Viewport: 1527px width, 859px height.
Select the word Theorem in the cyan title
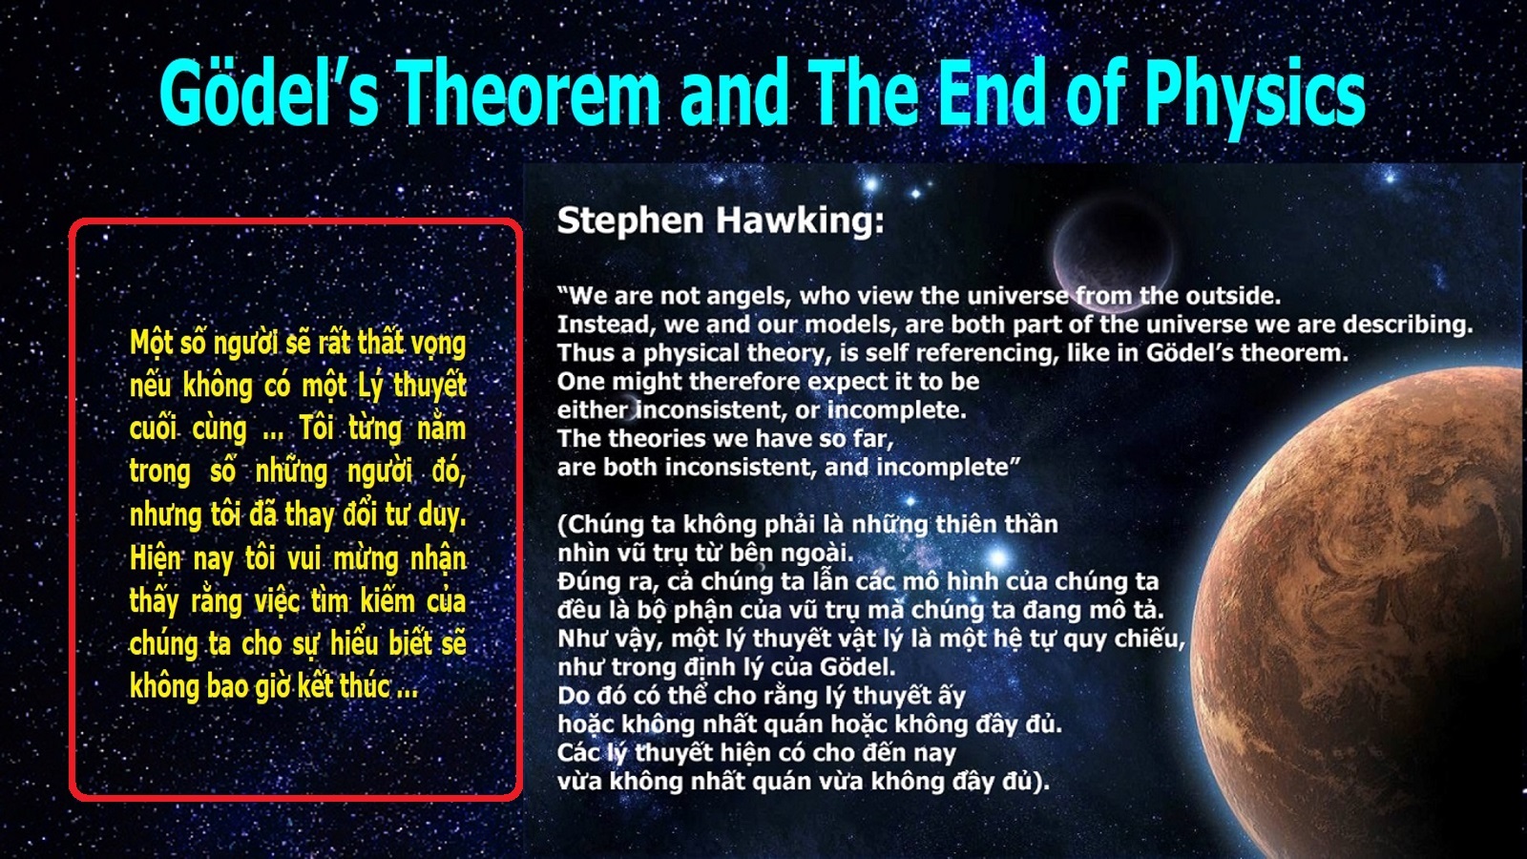529,93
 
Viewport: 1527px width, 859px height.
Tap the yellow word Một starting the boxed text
150,343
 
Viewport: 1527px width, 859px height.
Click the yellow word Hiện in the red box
156,559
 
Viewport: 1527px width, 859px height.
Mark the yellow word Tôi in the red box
316,429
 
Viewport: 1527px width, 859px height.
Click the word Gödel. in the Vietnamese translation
858,666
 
